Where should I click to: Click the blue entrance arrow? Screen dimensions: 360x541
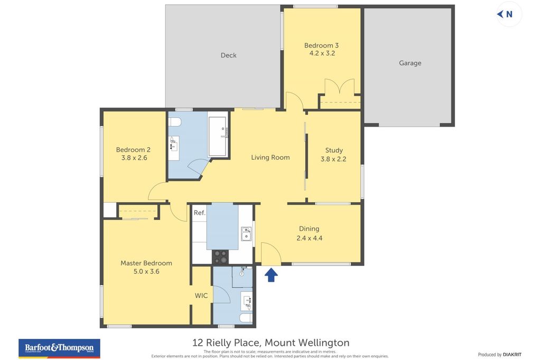(271, 274)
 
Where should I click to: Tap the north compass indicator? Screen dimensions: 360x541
(506, 14)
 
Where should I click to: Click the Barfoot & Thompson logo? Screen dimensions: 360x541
(59, 348)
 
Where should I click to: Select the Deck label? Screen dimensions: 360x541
(228, 55)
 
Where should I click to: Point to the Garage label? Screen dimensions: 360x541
(410, 63)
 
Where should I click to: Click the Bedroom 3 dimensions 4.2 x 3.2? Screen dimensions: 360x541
(321, 53)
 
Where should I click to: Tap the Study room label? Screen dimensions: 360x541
(334, 150)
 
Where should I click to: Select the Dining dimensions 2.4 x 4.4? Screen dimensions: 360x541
(309, 238)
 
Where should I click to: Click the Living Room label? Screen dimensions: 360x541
(270, 157)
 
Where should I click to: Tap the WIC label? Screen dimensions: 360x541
(201, 296)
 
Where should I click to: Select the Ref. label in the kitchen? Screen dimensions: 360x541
(199, 213)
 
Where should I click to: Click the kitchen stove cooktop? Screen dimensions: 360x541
(220, 257)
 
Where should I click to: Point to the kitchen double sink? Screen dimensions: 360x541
(246, 233)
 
